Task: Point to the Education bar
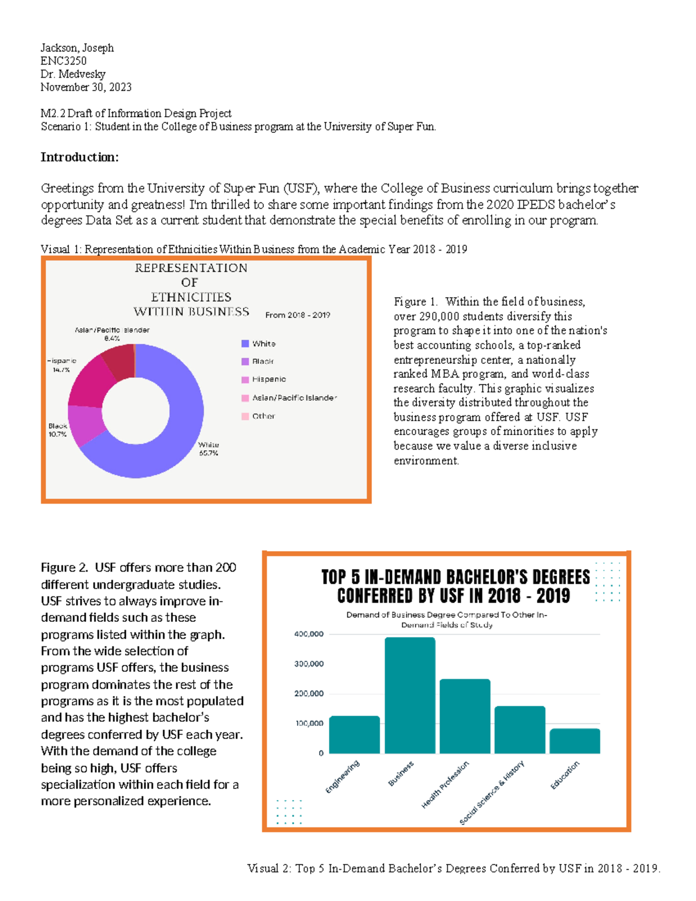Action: (x=575, y=741)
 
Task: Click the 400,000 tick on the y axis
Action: (x=309, y=634)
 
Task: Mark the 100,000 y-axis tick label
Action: (x=309, y=723)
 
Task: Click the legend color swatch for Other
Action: (x=245, y=416)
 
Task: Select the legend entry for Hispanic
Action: (x=269, y=379)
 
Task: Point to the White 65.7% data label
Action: (x=208, y=449)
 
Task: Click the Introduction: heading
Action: (x=79, y=157)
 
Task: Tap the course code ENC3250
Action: (x=63, y=61)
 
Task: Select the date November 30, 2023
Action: (x=86, y=87)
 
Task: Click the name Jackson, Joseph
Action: (x=77, y=48)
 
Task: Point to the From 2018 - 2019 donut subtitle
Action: (x=298, y=315)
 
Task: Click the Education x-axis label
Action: (x=564, y=775)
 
